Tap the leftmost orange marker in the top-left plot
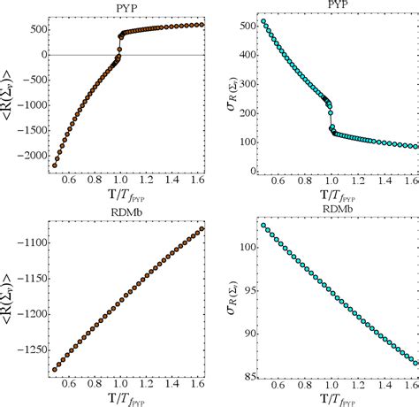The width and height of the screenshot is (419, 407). click(55, 165)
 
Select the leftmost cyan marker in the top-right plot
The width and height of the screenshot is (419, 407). click(263, 21)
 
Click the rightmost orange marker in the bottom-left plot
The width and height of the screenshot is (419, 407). click(203, 228)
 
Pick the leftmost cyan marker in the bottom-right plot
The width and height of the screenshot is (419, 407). click(263, 226)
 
